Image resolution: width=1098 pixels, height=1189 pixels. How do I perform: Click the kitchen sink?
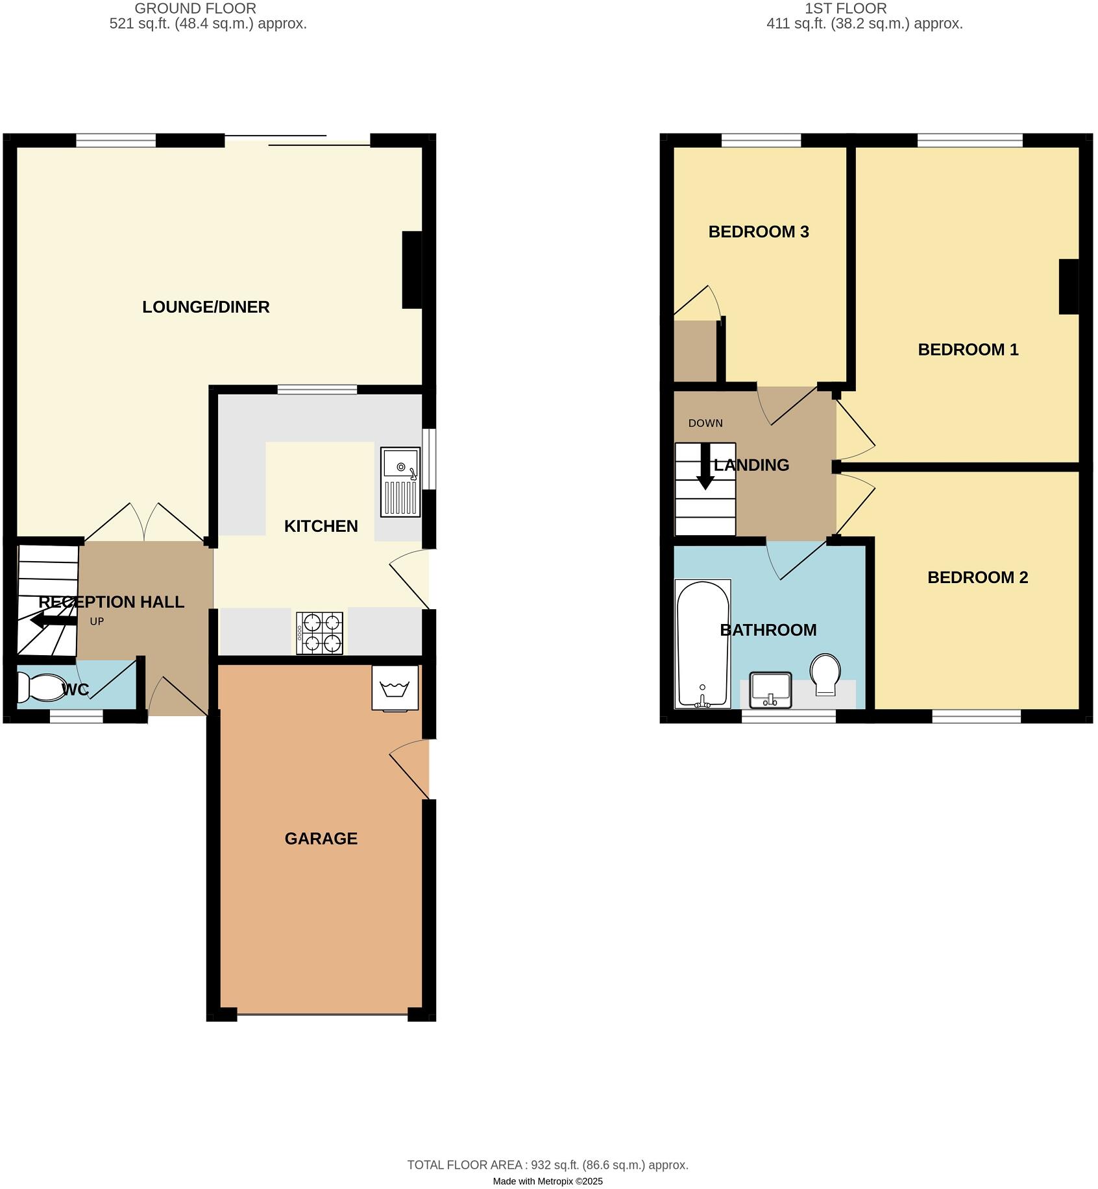[x=400, y=481]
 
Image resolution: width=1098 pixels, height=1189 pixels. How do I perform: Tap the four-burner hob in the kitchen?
[x=319, y=633]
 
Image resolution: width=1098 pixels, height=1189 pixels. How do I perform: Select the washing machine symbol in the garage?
[x=395, y=688]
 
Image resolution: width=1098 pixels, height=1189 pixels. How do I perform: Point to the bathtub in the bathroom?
[x=703, y=643]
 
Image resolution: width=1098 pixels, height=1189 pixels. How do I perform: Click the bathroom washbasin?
[x=770, y=690]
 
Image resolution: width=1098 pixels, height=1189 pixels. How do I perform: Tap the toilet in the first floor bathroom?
[x=825, y=674]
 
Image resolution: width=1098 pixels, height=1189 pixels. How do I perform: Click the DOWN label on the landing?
[x=705, y=423]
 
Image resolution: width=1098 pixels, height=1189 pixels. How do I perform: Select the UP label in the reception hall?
[x=97, y=621]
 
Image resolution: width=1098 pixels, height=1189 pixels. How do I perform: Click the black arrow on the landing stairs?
[x=705, y=467]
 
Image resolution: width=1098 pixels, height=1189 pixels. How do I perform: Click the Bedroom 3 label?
[x=759, y=232]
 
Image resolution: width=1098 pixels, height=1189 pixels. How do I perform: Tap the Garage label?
[x=321, y=839]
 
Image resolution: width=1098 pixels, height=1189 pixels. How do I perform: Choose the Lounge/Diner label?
[x=206, y=307]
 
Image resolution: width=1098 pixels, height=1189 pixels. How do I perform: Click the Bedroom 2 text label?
[x=977, y=577]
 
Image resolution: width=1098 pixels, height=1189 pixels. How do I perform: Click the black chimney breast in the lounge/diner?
[x=411, y=270]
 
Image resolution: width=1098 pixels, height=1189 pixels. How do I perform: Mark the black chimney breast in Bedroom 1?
[x=1069, y=287]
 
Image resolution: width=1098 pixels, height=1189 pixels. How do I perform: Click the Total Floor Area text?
[x=548, y=1165]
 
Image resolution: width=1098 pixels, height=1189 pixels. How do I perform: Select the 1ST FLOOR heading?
[x=845, y=8]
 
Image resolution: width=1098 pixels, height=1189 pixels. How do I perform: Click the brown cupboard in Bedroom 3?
[x=695, y=351]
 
